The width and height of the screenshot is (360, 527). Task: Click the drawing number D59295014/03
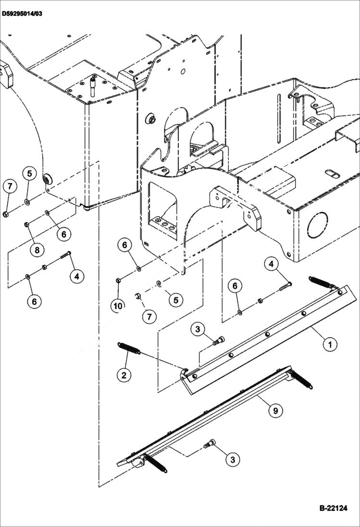22,13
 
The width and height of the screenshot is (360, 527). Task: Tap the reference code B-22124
333,508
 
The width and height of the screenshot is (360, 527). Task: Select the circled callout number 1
329,344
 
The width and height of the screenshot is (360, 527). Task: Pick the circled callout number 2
124,375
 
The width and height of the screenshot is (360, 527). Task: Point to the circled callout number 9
275,410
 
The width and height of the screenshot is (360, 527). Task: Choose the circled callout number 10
118,304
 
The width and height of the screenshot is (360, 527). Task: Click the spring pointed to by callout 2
129,348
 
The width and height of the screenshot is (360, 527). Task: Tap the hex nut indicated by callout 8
27,224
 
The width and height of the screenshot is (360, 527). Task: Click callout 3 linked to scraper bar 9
233,459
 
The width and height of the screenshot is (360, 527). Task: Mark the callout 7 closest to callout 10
149,317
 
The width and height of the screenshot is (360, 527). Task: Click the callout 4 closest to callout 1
271,264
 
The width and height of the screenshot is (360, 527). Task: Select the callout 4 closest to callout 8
76,276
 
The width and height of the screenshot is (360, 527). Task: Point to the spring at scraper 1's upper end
321,282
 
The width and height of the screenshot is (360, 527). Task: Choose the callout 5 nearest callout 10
175,300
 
